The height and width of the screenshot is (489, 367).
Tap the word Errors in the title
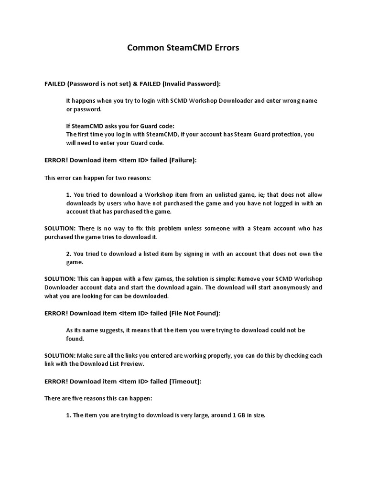point(224,49)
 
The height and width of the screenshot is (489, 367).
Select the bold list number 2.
point(68,254)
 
